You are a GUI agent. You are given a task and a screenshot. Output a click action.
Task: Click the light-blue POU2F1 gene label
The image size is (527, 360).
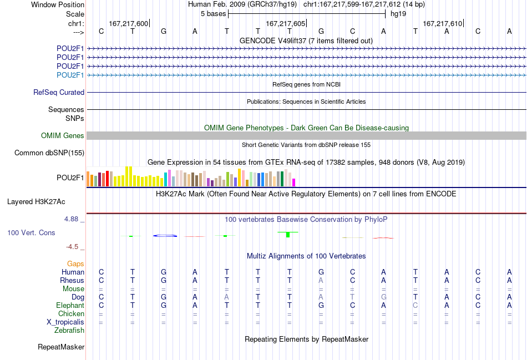[x=70, y=75]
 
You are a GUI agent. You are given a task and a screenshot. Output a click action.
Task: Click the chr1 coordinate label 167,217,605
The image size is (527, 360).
[x=285, y=23]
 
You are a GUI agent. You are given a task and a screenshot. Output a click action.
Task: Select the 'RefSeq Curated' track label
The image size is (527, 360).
[x=59, y=92]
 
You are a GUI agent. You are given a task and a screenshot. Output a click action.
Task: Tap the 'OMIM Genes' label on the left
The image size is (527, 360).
[x=63, y=135]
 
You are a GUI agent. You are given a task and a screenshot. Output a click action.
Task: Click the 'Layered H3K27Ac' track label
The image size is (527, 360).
[x=36, y=202]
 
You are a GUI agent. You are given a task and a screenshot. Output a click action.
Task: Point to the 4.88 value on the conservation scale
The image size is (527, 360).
[x=71, y=219]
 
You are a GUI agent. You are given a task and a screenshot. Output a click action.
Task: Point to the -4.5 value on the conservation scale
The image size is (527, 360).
[x=72, y=247]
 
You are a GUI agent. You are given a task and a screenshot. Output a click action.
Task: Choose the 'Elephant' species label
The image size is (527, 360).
[x=70, y=305]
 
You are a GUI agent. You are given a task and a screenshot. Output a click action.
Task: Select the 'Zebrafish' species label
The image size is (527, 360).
[x=69, y=330]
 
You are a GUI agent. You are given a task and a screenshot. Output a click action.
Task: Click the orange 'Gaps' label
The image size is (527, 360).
[x=75, y=264]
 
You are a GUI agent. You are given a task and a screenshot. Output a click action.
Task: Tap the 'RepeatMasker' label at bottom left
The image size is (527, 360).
[x=61, y=347]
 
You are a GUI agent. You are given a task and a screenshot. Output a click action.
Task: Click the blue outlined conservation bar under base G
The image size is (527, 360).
[x=165, y=236]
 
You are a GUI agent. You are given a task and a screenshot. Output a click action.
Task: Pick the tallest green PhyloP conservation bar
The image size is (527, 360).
[x=288, y=234]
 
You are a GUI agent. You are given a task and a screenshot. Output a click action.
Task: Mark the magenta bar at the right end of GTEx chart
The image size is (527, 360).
[x=294, y=182]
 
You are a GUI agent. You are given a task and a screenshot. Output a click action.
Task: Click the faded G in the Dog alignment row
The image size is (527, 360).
[x=383, y=297]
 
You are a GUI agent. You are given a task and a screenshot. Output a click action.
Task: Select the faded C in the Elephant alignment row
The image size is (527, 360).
[x=415, y=305]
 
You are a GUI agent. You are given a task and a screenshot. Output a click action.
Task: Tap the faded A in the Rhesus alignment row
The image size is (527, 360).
[x=321, y=280]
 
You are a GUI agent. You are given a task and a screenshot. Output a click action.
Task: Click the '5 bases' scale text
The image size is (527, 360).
[x=214, y=14]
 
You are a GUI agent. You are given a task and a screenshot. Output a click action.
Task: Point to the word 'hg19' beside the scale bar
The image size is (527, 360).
[x=398, y=14]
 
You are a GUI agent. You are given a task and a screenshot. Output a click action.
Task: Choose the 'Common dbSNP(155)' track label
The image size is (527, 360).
[x=49, y=153]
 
